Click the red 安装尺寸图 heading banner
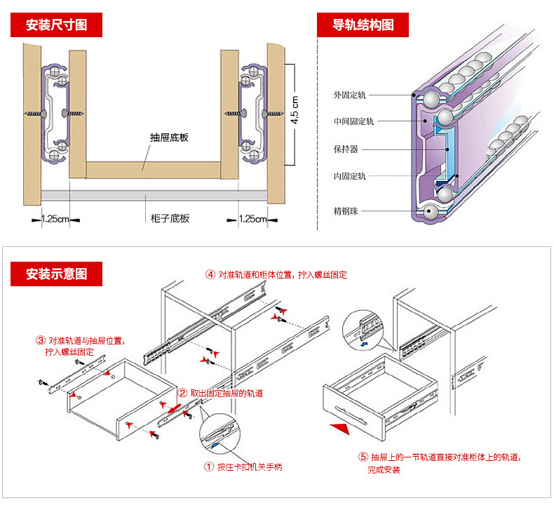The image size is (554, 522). pos(57,25)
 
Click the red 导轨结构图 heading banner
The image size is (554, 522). pos(363,25)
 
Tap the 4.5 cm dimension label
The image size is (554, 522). pos(295,110)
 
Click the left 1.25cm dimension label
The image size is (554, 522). pos(55,219)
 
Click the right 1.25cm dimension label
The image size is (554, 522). pos(253,219)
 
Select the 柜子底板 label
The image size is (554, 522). pos(170,218)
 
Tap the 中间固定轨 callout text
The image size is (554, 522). pos(354,121)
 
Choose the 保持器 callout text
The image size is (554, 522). pos(346,149)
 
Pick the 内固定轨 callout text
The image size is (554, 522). pos(350,176)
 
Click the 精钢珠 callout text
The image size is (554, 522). pos(346,210)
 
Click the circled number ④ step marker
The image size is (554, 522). pos(210,274)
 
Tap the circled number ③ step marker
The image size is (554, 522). pos(41,341)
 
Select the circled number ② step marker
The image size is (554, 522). pos(182,394)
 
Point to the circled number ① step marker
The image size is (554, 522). pos(208,467)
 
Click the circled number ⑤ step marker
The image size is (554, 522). pos(363,457)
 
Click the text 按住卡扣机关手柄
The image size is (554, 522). pos(250,467)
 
